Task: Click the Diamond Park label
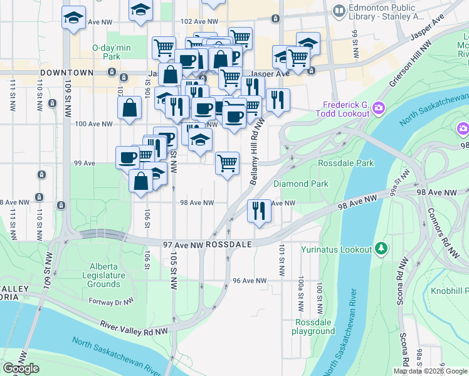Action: tap(301, 184)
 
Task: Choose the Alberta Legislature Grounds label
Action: tap(103, 275)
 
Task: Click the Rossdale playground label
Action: tap(314, 326)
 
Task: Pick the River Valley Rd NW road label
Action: tap(134, 328)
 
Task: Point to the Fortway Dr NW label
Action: tap(112, 301)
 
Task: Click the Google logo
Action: tap(21, 368)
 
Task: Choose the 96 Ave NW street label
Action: tap(250, 281)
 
